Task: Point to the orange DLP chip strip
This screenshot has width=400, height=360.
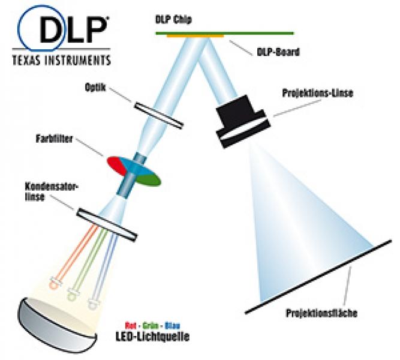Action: point(195,36)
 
